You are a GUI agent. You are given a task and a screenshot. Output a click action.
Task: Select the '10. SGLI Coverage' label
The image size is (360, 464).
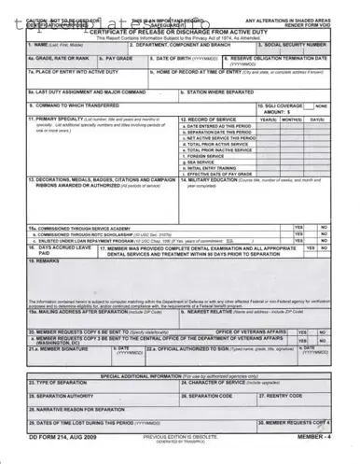point(280,105)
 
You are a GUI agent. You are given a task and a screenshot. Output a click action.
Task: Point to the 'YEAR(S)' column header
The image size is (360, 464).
point(268,120)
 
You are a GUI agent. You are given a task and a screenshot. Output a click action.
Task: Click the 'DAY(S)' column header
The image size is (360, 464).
point(317,120)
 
